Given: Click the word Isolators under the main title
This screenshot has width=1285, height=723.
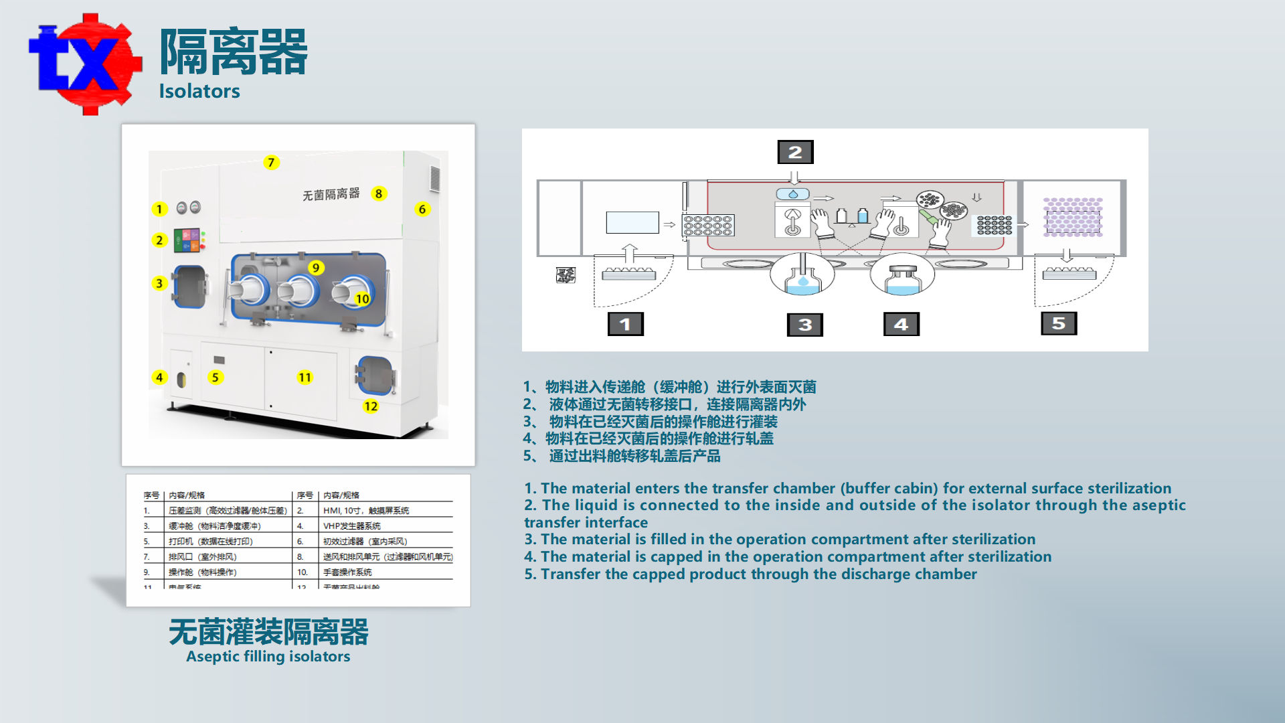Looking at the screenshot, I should click(x=199, y=91).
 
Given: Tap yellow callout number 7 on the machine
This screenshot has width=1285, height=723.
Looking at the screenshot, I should click(x=271, y=163).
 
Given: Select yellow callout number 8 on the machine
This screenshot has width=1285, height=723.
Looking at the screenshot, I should click(x=379, y=193).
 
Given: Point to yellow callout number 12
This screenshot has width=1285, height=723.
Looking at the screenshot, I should click(x=371, y=406).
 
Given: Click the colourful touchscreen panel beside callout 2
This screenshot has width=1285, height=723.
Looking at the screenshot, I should click(x=187, y=240).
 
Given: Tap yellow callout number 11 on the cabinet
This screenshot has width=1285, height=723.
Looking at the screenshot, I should click(x=305, y=378).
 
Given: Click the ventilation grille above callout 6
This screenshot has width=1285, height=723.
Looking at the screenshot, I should click(x=435, y=179).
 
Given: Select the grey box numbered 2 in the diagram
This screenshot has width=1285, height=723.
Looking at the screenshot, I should click(x=795, y=152).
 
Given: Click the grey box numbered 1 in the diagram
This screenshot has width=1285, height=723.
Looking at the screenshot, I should click(x=625, y=324).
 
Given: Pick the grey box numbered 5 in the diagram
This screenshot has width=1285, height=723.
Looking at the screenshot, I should click(x=1059, y=323).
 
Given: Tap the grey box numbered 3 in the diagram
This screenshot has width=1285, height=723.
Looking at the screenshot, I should click(x=805, y=325).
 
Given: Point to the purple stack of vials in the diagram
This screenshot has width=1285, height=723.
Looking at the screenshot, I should click(x=1073, y=218).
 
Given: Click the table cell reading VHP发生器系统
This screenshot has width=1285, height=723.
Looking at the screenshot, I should click(x=352, y=526).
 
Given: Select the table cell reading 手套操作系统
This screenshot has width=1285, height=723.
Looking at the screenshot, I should click(x=347, y=572).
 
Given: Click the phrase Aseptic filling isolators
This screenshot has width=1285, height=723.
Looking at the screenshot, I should click(x=268, y=657).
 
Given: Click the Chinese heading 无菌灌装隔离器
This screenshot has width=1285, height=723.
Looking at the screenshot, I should click(x=268, y=632).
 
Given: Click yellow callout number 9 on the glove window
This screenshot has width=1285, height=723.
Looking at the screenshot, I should click(x=316, y=268).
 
